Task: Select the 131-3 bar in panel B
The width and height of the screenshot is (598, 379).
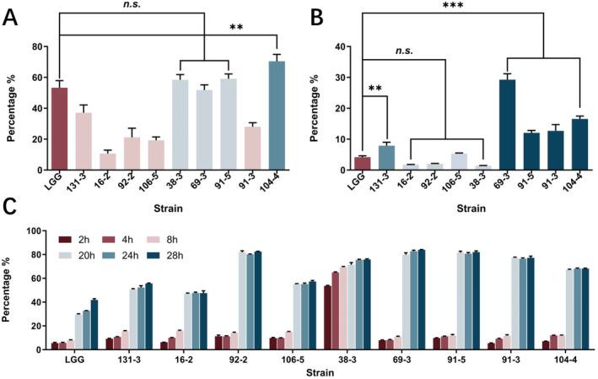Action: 385,158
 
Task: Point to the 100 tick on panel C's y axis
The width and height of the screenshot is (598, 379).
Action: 34,230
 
